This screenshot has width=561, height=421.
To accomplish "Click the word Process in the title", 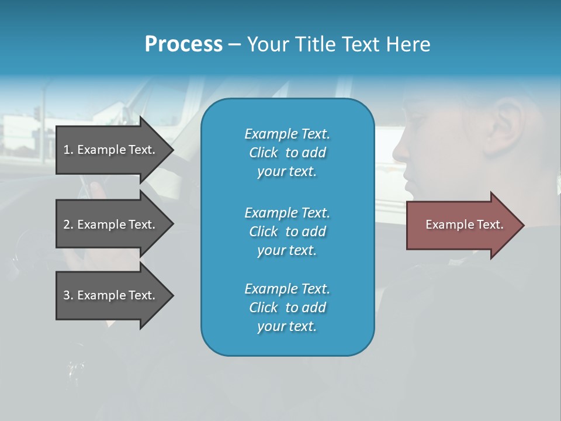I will tap(183, 44).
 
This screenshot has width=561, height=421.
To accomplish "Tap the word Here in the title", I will tap(408, 44).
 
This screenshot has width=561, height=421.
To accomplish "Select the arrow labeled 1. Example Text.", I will tap(111, 150).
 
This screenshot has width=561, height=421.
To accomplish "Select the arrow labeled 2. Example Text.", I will tap(111, 225).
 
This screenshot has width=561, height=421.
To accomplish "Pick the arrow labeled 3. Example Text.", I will tap(111, 295).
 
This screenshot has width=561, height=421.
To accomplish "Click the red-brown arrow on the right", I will tap(462, 225).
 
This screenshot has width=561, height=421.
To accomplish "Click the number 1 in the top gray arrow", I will tap(67, 150).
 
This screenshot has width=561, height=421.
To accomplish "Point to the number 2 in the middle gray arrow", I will tap(67, 225).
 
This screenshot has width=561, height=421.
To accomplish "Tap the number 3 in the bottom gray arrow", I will tap(67, 295).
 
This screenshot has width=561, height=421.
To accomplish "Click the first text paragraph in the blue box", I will tap(287, 153).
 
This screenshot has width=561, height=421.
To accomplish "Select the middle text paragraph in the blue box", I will tap(287, 232).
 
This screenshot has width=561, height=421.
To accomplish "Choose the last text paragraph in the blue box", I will tap(287, 308).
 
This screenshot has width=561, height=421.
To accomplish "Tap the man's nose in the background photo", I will tap(400, 151).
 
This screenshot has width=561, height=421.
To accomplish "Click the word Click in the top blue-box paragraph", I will tap(264, 153).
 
